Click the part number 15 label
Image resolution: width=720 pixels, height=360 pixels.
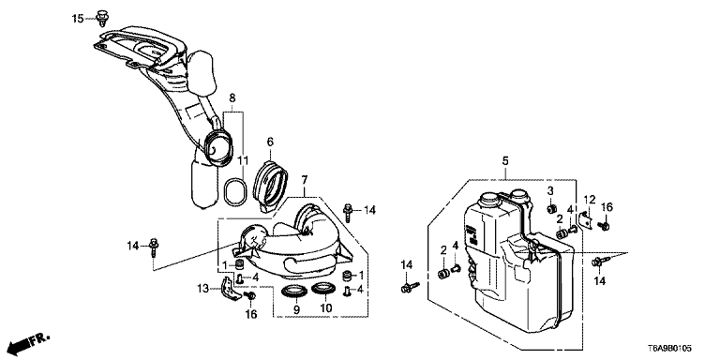[78, 19]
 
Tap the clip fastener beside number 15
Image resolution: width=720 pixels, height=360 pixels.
[101, 17]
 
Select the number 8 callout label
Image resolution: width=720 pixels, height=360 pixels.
[232, 97]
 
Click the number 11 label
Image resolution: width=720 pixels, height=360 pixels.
[243, 160]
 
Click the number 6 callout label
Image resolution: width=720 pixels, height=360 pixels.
[270, 142]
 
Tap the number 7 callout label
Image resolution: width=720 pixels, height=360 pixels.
[304, 179]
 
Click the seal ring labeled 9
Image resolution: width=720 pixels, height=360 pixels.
[292, 292]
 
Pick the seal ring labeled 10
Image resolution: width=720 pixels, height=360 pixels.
[322, 290]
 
